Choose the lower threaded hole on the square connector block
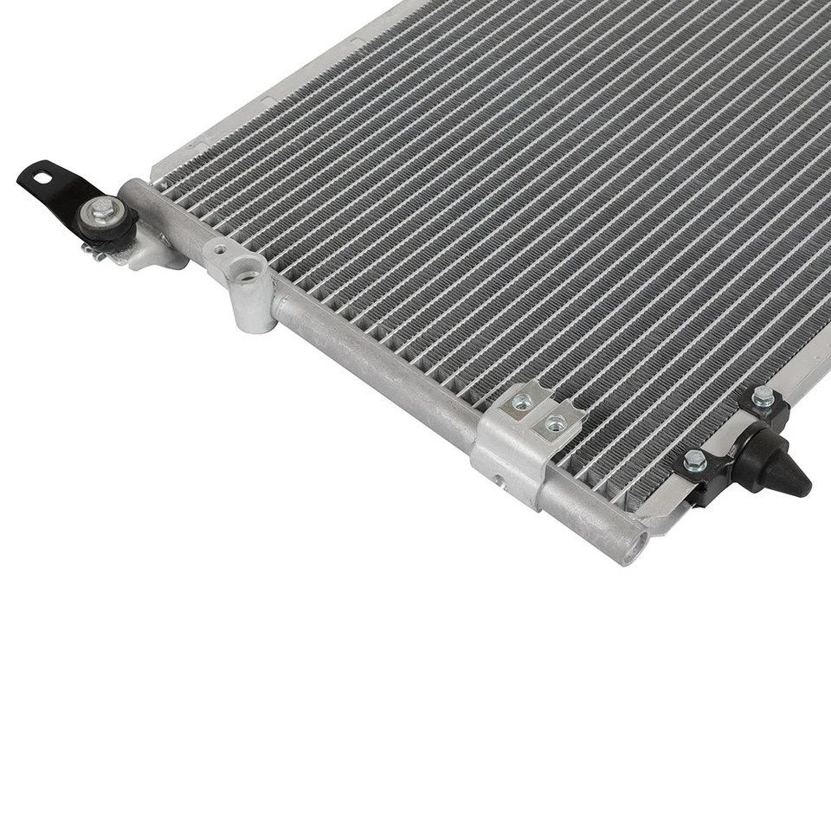tap(554, 423)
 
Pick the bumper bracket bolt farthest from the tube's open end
tap(762, 396)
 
